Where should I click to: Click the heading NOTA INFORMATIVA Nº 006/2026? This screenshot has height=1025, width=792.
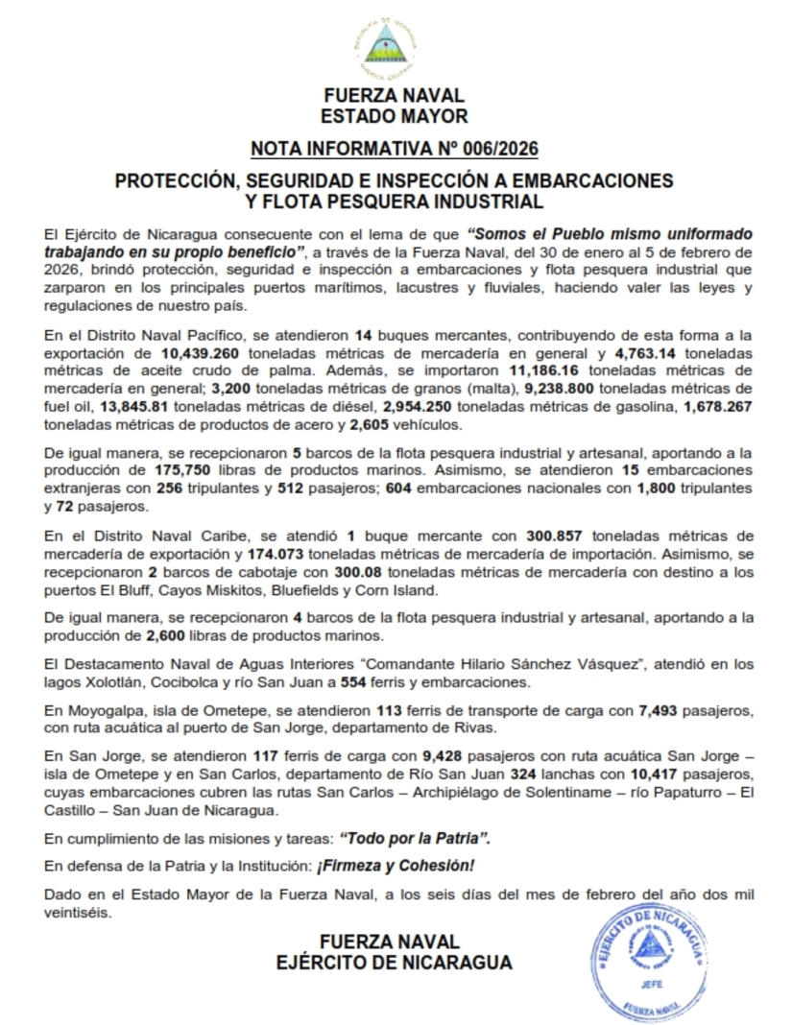tap(395, 148)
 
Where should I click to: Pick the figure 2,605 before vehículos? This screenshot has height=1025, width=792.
tap(373, 424)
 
